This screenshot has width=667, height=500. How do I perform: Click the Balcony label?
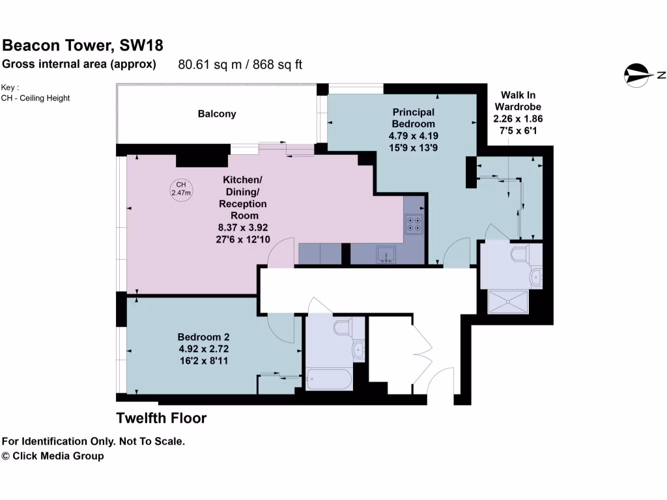217,114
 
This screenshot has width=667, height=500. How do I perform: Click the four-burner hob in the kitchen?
413,225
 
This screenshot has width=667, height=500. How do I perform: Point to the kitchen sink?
386,253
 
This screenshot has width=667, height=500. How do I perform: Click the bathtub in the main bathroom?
329,379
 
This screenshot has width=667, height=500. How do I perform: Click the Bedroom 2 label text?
203,337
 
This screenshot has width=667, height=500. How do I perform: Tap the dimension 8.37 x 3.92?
242,227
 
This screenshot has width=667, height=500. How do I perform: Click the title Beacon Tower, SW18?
83,45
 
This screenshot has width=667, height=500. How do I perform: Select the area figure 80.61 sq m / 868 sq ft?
240,64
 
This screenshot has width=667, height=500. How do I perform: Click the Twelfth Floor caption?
161,418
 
